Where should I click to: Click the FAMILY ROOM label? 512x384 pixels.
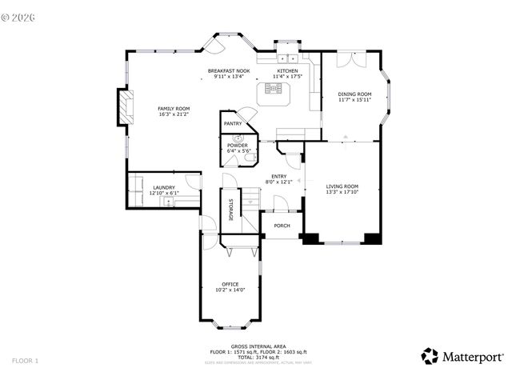click(173, 108)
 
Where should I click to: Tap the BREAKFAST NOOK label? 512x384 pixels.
click(229, 71)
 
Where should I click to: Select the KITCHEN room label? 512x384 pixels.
click(287, 71)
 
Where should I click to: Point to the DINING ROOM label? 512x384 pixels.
click(354, 94)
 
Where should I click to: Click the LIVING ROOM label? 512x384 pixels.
click(342, 186)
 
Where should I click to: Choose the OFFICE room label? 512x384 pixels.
click(230, 284)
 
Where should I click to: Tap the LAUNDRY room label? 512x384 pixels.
click(163, 187)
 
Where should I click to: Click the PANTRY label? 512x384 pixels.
click(233, 124)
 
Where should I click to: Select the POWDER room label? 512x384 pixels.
click(238, 145)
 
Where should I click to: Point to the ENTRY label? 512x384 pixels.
click(278, 176)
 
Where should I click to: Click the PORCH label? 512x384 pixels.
click(282, 226)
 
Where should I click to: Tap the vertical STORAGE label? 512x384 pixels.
click(231, 210)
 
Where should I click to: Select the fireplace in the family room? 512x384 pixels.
click(122, 107)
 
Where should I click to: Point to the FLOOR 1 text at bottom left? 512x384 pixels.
click(25, 362)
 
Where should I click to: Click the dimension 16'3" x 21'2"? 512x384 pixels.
click(173, 114)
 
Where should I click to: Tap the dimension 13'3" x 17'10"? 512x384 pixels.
click(342, 193)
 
